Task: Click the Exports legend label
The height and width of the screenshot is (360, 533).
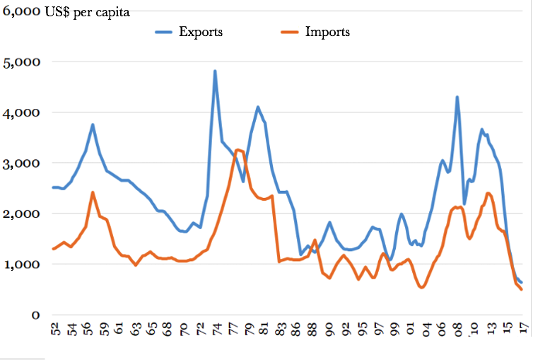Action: pyautogui.click(x=201, y=32)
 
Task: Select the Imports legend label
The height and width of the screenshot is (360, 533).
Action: pyautogui.click(x=327, y=32)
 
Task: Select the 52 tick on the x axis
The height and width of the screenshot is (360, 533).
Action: pyautogui.click(x=55, y=331)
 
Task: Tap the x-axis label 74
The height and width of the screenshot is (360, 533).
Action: pyautogui.click(x=215, y=331)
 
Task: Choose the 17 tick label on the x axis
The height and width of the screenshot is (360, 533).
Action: pyautogui.click(x=523, y=331)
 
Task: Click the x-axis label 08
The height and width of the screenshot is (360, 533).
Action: pyautogui.click(x=458, y=331)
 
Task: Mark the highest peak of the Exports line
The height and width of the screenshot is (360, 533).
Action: pyautogui.click(x=215, y=71)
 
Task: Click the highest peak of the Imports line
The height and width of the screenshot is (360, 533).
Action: pyautogui.click(x=238, y=150)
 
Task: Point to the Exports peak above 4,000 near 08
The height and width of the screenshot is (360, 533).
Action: pyautogui.click(x=457, y=97)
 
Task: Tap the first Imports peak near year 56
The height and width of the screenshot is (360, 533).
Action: pyautogui.click(x=93, y=192)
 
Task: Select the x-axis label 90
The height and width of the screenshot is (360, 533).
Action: pyautogui.click(x=329, y=331)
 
